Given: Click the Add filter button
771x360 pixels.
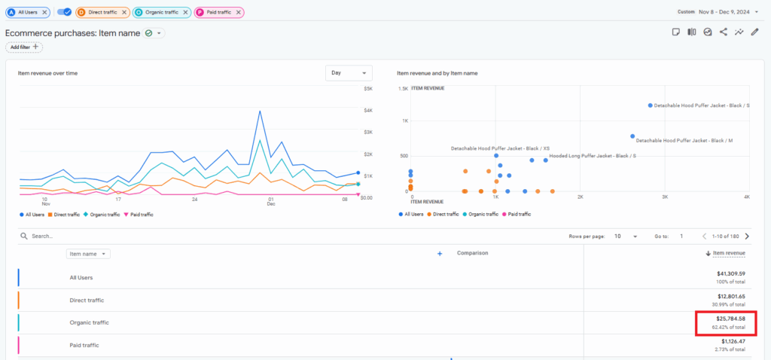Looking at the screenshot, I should [x=24, y=47].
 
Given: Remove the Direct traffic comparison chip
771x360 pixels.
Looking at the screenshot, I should [x=124, y=13].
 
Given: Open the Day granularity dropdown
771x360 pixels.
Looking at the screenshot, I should [x=349, y=73].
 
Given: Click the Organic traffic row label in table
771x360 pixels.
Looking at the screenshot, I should [x=89, y=322].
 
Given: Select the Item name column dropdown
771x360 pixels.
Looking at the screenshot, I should [x=89, y=254].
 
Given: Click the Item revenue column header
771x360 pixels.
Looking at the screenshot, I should [x=729, y=254].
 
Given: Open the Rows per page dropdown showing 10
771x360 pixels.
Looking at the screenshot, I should [x=625, y=236].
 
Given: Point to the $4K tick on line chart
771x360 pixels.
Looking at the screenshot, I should [x=368, y=111].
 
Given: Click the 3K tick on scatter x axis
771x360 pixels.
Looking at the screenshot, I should [x=665, y=197].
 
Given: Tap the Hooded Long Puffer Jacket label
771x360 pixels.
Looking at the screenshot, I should [x=593, y=156].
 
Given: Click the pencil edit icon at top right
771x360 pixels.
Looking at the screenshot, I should [x=755, y=32].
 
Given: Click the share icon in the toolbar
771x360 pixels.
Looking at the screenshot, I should [x=724, y=32].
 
